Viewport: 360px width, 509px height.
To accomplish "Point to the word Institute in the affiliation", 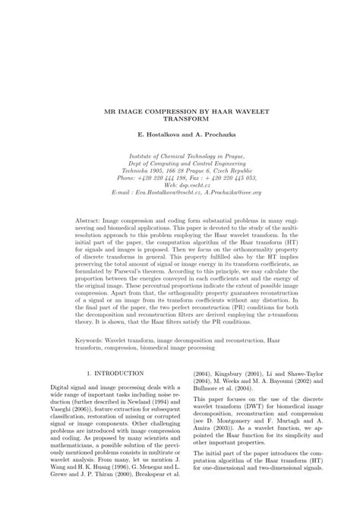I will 144,156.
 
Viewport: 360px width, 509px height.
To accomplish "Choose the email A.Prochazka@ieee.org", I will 232,193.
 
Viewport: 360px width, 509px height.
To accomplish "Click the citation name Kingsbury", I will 237,374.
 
